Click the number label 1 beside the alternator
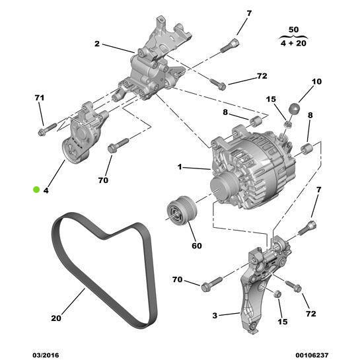coord(179,168)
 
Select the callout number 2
coord(97,45)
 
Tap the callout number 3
coord(215,316)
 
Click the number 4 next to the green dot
coord(46,190)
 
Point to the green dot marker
coord(36,190)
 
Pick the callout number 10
coord(316,83)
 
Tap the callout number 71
coord(39,98)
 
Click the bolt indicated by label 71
coord(44,130)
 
